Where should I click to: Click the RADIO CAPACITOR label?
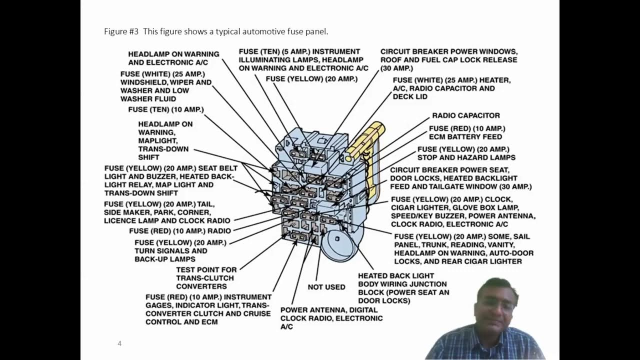tap(465, 115)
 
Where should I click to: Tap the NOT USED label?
tap(326, 287)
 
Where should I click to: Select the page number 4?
tap(119, 343)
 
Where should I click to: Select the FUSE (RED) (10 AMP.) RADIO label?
tap(180, 231)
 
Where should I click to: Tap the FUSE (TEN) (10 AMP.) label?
tap(166, 109)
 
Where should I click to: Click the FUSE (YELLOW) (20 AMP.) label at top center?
tap(311, 79)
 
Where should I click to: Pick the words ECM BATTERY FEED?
tap(465, 137)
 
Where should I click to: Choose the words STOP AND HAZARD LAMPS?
tap(466, 157)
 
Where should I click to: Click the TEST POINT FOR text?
tap(206, 270)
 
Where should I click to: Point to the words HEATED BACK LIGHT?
tap(396, 275)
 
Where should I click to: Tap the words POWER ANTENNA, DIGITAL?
tap(328, 310)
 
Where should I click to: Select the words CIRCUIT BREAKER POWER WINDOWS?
tap(448, 51)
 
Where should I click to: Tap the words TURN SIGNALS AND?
tap(170, 250)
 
